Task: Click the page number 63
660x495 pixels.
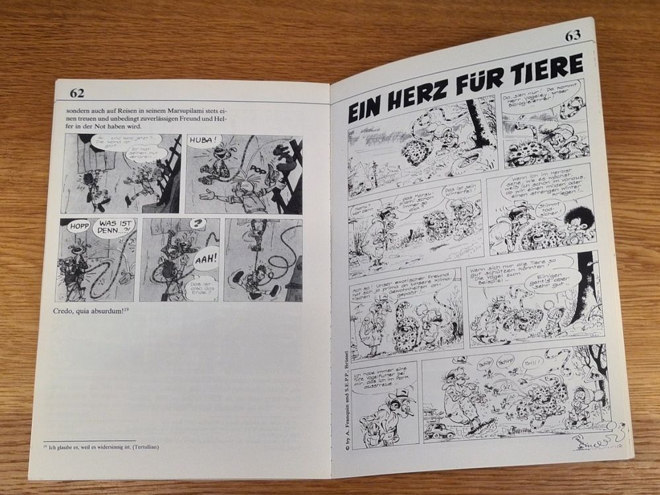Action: [572, 35]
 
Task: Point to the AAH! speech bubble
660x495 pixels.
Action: [206, 257]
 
